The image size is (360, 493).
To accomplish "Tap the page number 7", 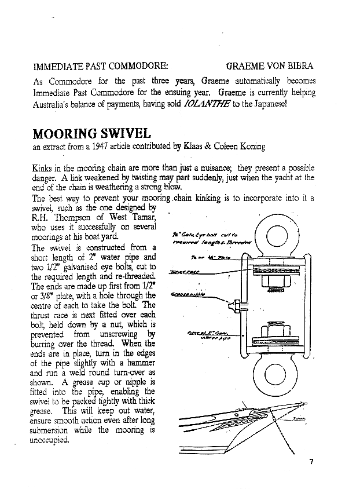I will [311, 461].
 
